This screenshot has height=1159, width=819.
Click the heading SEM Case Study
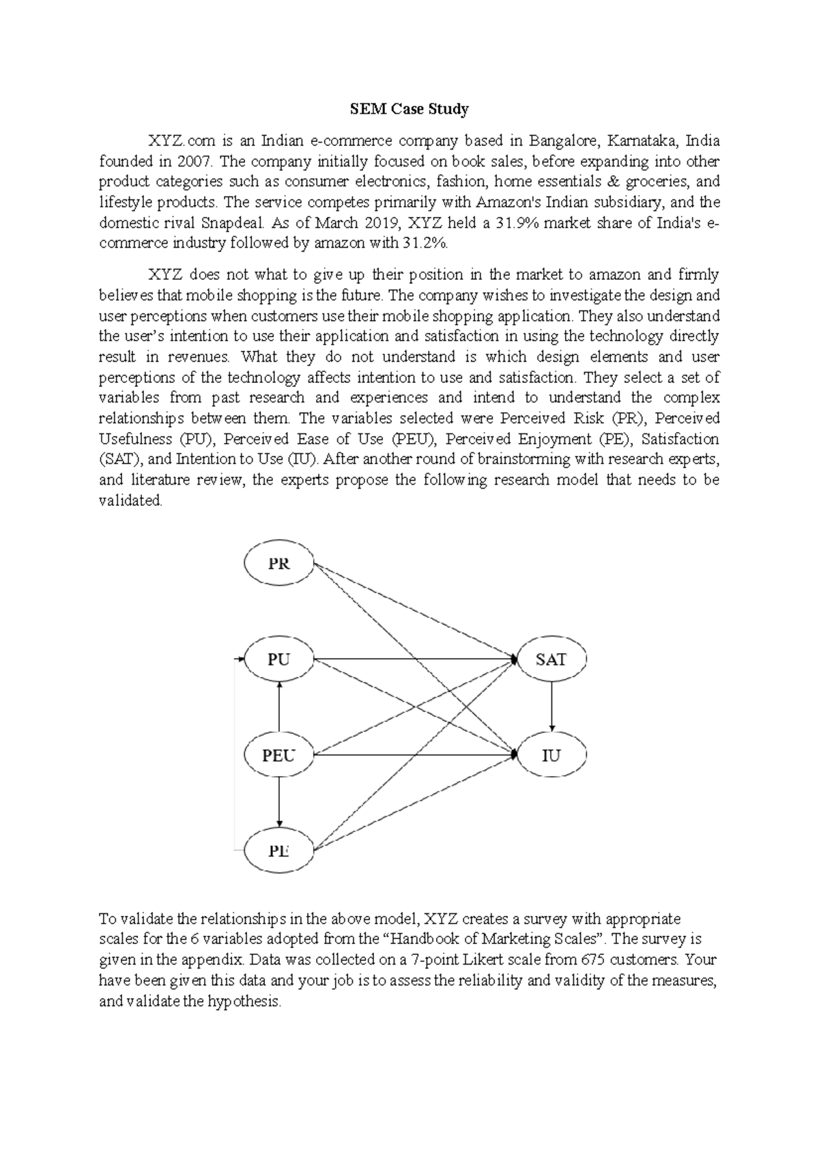(x=409, y=109)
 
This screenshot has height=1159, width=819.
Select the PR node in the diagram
(x=279, y=564)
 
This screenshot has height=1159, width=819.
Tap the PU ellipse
(x=278, y=659)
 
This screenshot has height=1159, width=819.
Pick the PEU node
(x=278, y=755)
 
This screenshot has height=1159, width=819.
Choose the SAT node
(x=551, y=659)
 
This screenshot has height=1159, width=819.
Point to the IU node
(x=551, y=755)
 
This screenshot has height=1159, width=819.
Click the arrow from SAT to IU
(x=551, y=706)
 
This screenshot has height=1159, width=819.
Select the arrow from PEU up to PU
(x=278, y=707)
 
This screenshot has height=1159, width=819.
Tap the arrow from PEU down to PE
(x=278, y=803)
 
